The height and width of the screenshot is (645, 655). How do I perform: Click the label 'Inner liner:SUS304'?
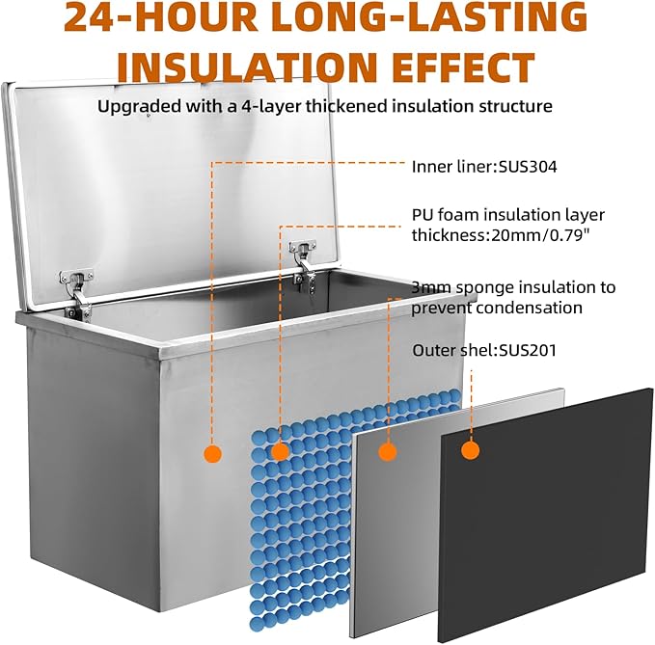tap(484, 167)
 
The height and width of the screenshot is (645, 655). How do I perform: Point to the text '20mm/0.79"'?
tap(540, 235)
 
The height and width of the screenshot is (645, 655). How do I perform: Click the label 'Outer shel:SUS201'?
tap(484, 350)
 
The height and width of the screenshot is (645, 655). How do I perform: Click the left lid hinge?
tap(77, 294)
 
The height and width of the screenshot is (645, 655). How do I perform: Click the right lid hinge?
tap(304, 263)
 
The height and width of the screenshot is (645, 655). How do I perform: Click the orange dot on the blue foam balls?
tap(280, 451)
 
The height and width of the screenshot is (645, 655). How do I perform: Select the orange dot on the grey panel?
tap(388, 451)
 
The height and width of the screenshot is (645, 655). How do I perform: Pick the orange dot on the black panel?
tap(471, 450)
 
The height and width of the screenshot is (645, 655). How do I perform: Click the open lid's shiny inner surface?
tap(167, 188)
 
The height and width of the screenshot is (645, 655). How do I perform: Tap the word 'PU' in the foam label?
tap(421, 215)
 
